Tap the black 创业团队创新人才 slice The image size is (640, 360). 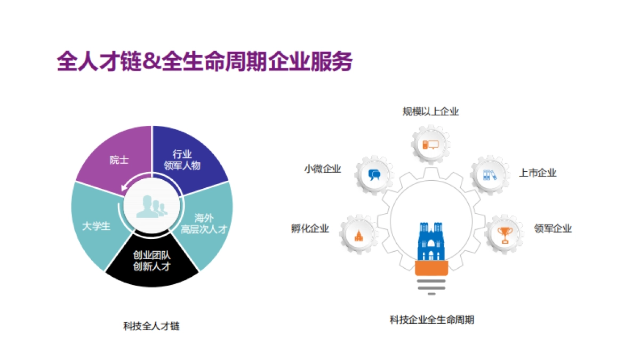point(152,261)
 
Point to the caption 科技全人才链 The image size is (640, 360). point(151,326)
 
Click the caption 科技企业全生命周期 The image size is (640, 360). point(431,319)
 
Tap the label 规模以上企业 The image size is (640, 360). point(430,111)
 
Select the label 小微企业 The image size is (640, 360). point(323,169)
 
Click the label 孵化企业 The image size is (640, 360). point(310,228)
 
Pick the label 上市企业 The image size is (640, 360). point(538,173)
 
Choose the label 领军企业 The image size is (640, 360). point(553,228)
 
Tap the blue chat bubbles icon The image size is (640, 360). point(374,174)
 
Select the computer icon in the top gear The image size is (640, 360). point(430,145)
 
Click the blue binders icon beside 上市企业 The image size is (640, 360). point(489,174)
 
